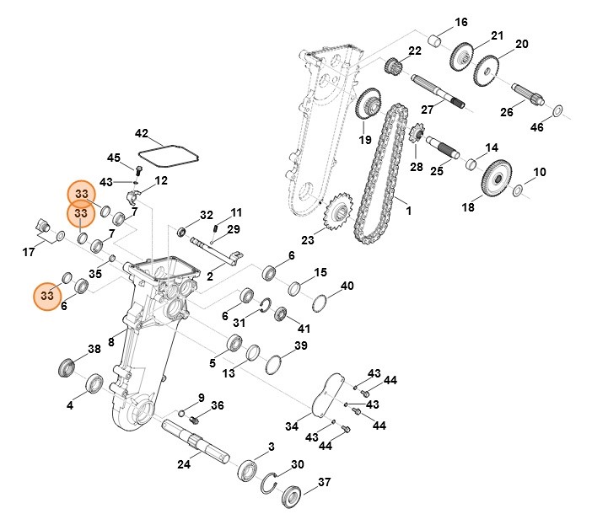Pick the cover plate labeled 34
point(324,398)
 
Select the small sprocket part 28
point(415,135)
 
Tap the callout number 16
point(460,22)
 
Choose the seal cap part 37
point(294,497)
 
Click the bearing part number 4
point(92,386)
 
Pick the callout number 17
point(29,250)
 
